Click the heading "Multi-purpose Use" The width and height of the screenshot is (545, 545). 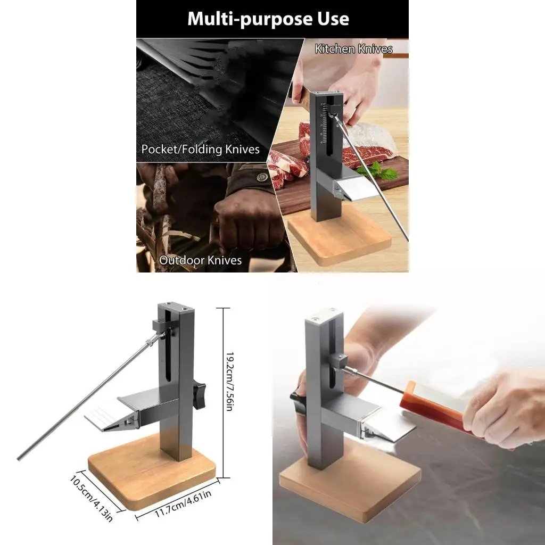268,19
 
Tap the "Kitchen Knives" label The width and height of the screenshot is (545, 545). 353,49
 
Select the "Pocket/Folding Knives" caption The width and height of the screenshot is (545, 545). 200,149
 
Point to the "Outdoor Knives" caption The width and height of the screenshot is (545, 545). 200,260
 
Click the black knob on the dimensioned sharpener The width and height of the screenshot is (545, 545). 200,394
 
